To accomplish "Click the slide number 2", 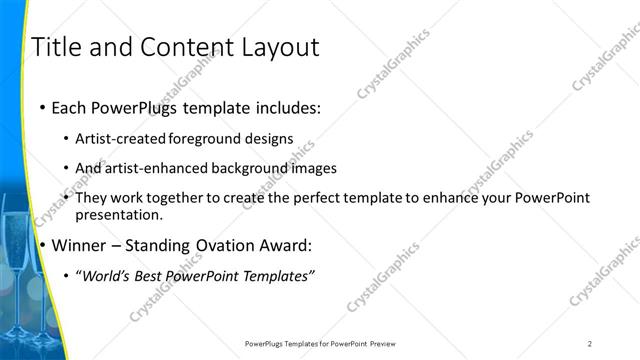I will [x=590, y=343].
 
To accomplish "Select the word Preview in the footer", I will [x=386, y=343].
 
